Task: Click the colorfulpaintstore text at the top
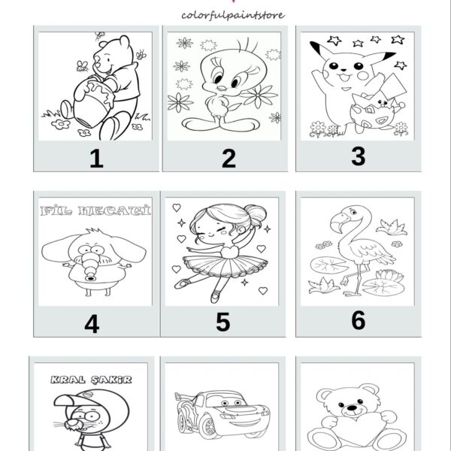[x=233, y=15]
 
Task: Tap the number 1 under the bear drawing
[x=97, y=158]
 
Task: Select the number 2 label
[x=229, y=158]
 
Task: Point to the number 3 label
[x=359, y=156]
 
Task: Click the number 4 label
[x=92, y=324]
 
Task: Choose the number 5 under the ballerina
[x=223, y=322]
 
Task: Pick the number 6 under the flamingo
[x=359, y=320]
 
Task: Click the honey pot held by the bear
[x=92, y=104]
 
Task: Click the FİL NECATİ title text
[x=95, y=210]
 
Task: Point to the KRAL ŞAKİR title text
[x=91, y=380]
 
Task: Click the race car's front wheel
[x=209, y=428]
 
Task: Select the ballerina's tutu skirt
[x=225, y=265]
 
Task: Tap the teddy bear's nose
[x=352, y=408]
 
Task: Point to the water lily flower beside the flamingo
[x=389, y=275]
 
